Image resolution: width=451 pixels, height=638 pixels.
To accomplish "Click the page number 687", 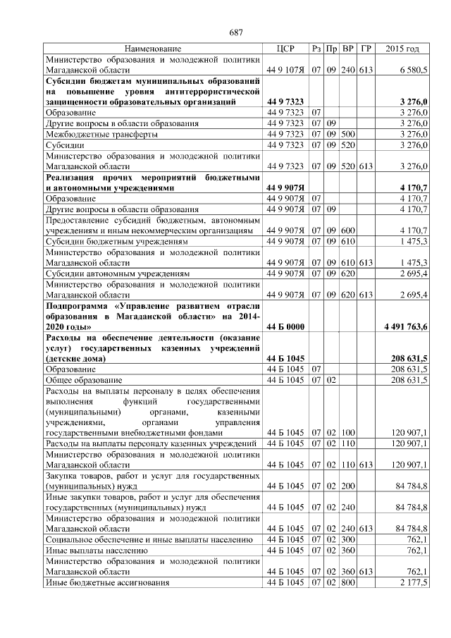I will (x=236, y=33).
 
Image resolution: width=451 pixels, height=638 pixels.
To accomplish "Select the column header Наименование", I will (x=152, y=49).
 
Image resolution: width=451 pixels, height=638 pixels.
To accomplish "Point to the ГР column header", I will (x=365, y=49).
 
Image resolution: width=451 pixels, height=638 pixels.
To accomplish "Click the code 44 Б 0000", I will (x=285, y=327).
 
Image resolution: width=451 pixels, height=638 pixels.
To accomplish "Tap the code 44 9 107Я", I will (x=285, y=71).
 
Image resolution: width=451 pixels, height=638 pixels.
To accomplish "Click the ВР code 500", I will (x=348, y=134).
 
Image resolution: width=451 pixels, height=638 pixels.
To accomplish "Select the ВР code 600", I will (x=348, y=230).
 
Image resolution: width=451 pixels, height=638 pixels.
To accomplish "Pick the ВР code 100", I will (x=348, y=432).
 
